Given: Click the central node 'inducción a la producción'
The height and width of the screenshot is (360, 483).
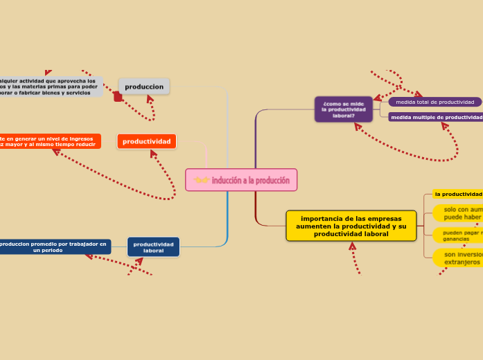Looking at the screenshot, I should coord(241,180).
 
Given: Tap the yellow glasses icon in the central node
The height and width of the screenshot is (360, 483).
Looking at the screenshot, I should coord(202,181).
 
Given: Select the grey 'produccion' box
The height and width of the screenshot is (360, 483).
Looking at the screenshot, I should coord(144,87).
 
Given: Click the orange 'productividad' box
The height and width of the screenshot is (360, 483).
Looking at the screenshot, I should coord(146,141).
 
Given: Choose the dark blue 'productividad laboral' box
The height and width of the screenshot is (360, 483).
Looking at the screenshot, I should coord(153,247).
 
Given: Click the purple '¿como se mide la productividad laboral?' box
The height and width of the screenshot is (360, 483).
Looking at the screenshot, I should coord(344,109).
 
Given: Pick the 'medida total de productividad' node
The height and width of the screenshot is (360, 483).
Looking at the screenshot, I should coord(434,102).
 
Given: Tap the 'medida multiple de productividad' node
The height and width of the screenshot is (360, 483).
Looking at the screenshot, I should coord(436,117).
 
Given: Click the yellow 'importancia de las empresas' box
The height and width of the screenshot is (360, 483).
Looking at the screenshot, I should coord(351,226).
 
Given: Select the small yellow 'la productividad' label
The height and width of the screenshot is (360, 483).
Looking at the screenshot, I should coord(457,194).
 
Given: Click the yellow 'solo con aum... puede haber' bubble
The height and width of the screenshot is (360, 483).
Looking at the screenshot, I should coord(458,213).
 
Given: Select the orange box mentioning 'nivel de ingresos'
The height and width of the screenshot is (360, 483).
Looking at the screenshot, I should coord(49,141).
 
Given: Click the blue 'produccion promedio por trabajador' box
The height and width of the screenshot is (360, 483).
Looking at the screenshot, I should coord(53,246).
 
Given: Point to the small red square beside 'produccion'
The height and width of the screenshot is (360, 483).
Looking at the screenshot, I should coord(118,98).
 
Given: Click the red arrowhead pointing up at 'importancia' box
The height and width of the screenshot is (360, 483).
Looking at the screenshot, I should coord(353,246).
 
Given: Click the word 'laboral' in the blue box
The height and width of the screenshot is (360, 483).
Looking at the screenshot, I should coord(153,251).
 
